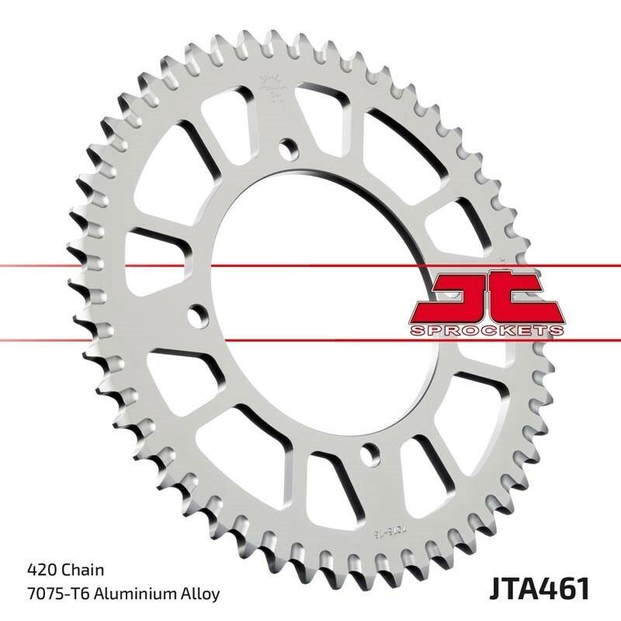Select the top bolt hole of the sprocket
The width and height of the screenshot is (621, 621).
[x=289, y=147]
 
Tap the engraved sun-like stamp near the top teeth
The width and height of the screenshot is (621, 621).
[x=272, y=82]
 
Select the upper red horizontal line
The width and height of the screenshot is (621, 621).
[x=78, y=266]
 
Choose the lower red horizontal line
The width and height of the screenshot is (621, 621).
[x=78, y=338]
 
